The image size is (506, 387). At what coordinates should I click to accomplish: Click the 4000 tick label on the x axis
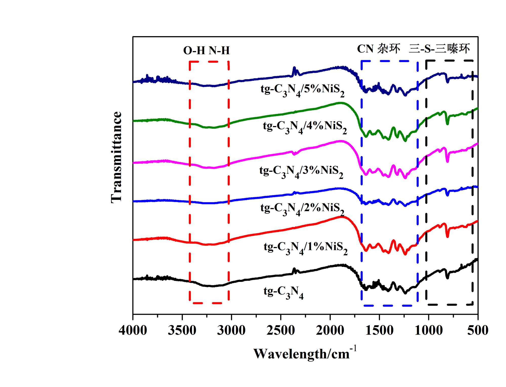tap(133, 330)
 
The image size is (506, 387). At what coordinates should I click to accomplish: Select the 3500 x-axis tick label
tap(182, 330)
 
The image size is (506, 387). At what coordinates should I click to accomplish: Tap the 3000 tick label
tap(231, 330)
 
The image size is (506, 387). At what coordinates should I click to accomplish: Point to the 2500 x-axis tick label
tap(281, 330)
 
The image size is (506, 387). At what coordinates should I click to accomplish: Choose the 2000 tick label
tap(330, 330)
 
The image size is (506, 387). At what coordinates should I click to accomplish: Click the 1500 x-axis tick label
tap(379, 330)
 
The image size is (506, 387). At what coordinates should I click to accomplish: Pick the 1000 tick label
tap(429, 330)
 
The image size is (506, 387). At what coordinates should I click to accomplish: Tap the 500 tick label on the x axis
tap(478, 330)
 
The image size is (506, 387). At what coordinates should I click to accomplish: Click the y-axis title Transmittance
tap(117, 157)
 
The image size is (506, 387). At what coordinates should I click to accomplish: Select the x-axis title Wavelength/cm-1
tap(305, 353)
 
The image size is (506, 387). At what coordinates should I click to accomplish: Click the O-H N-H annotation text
tap(206, 51)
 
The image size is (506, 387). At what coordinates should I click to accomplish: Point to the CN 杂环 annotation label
tap(378, 49)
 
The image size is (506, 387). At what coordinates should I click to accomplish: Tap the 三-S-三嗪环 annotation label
tap(439, 49)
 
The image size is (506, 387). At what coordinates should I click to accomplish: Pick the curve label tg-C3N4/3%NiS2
tap(301, 172)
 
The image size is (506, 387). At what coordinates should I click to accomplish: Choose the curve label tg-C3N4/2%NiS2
tap(302, 209)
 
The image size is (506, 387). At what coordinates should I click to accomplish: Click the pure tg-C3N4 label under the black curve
tap(284, 292)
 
